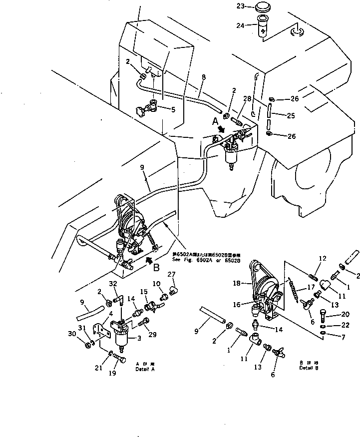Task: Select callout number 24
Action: click(x=254, y=24)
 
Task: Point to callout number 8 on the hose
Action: click(x=204, y=78)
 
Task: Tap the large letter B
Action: click(x=156, y=268)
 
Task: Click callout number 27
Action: click(x=171, y=274)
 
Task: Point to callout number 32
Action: click(x=113, y=283)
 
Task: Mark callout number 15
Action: click(x=144, y=291)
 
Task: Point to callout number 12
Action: click(x=322, y=258)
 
